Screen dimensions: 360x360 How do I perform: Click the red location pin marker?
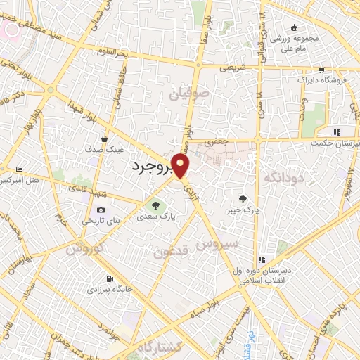tap(181, 166)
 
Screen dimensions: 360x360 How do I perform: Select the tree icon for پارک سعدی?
tap(155, 206)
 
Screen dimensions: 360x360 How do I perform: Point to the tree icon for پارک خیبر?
tap(243, 199)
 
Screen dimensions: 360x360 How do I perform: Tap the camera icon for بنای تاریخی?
tap(101, 210)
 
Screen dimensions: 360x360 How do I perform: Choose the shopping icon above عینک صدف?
tap(104, 139)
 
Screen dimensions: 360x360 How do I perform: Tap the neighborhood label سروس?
tap(217, 245)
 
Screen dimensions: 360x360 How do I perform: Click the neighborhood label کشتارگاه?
tap(157, 347)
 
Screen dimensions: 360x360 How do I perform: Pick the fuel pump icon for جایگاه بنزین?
tap(108, 277)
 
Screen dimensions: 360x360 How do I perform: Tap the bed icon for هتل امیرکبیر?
tap(19, 169)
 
